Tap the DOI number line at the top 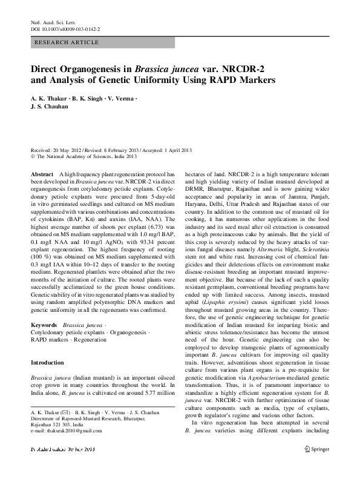click(65, 28)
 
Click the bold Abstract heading click(42, 173)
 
